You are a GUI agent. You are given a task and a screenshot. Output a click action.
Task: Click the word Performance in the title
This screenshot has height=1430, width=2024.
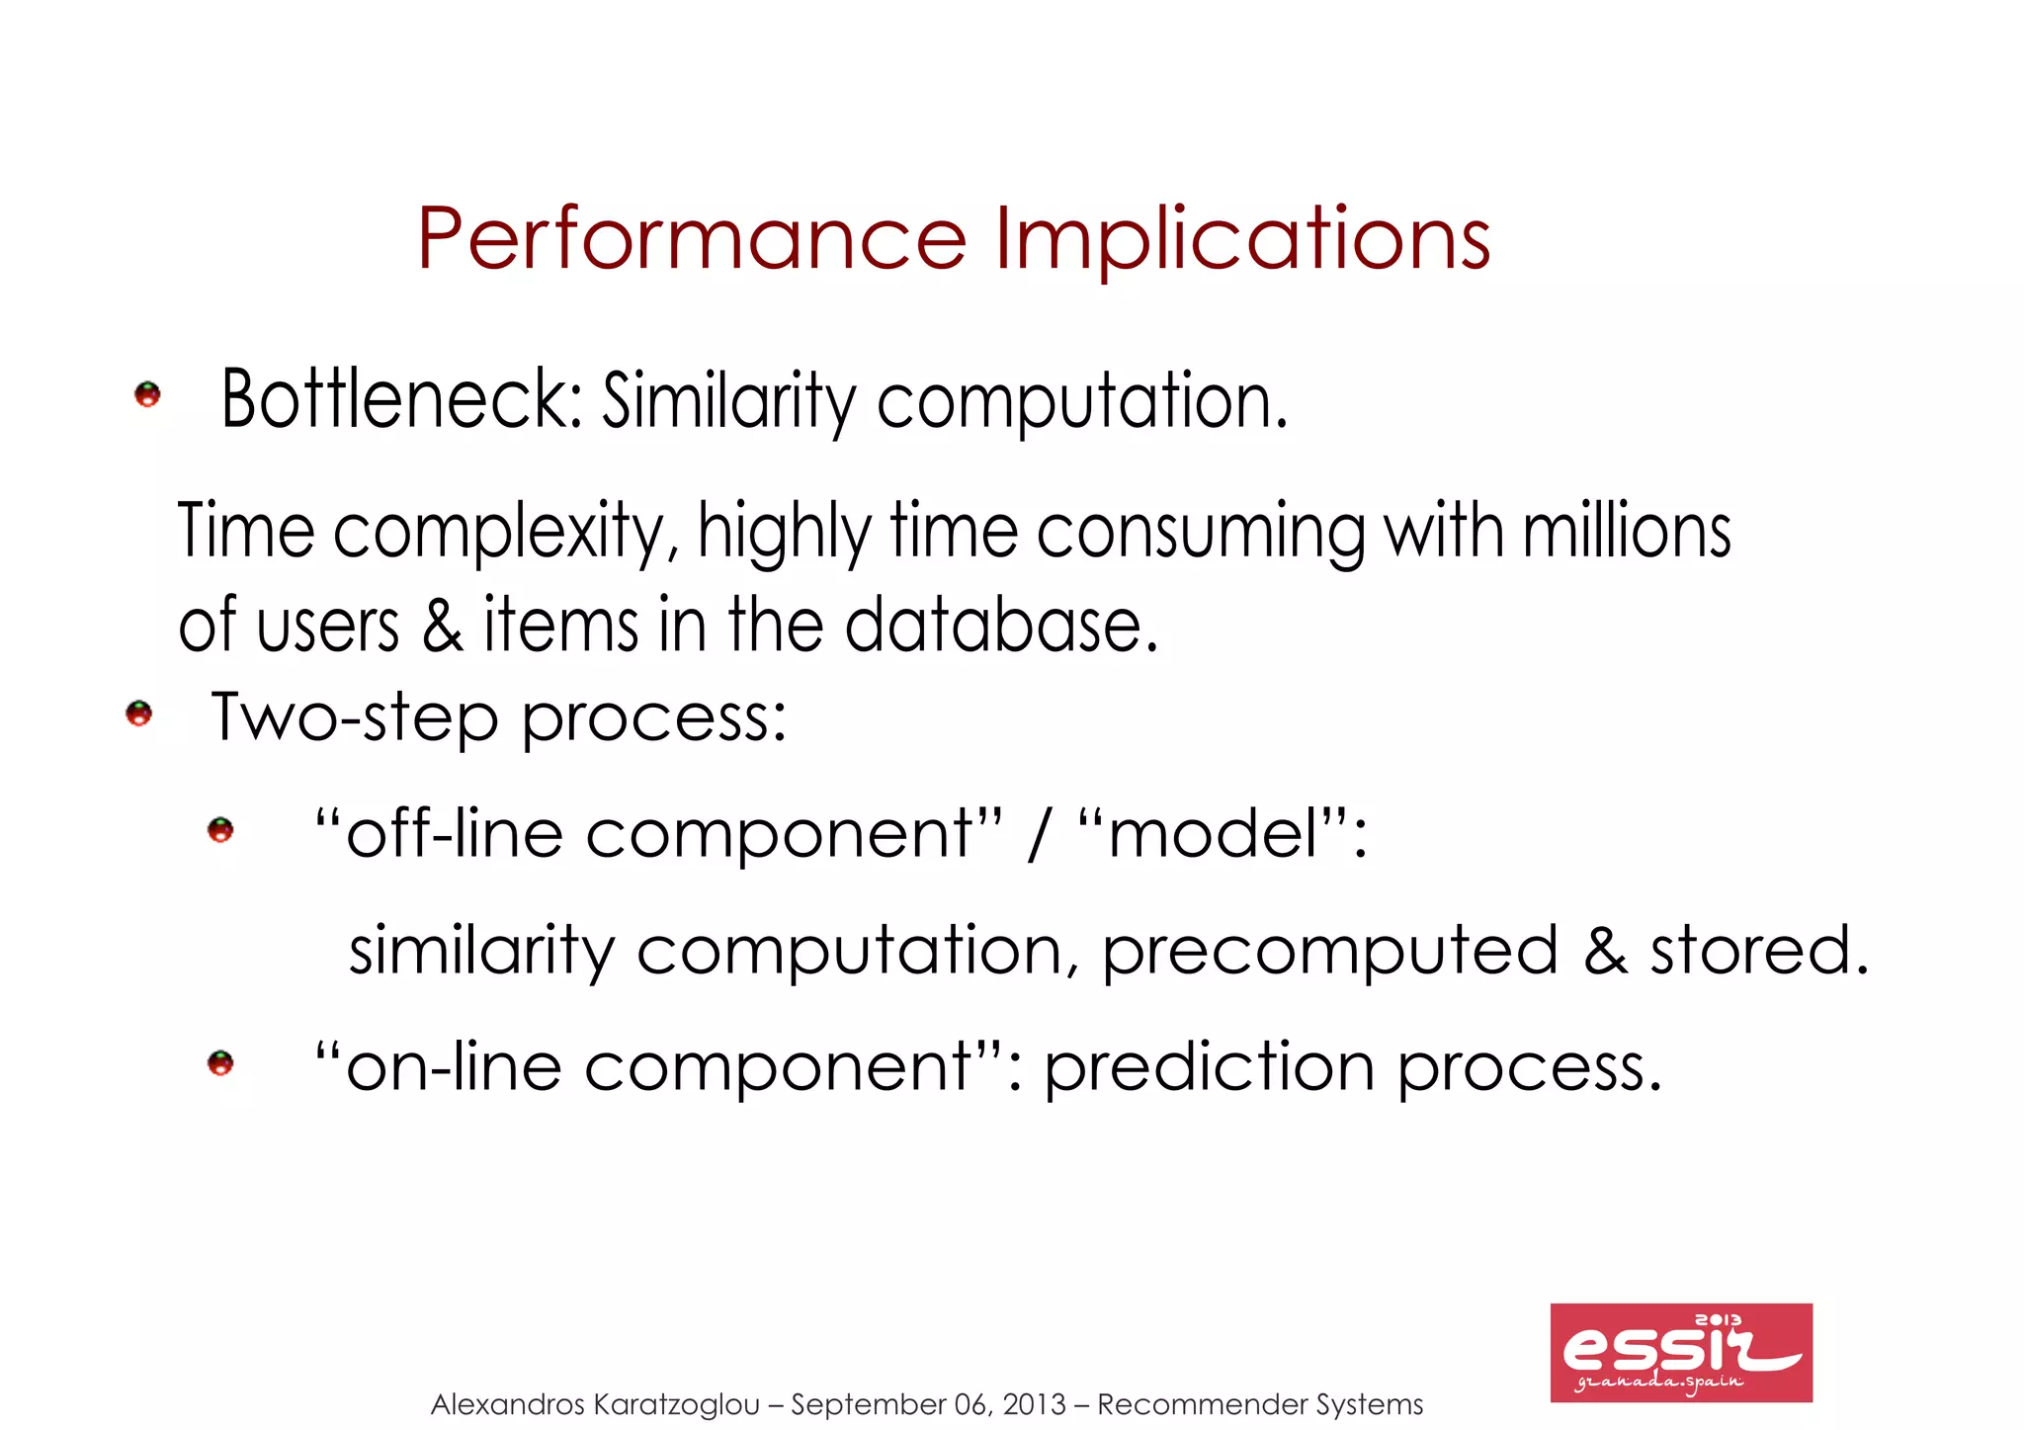691,239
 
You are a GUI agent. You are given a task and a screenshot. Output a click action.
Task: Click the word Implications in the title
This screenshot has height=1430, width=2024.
1242,239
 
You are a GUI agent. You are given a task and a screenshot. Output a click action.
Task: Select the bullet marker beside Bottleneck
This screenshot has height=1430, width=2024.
147,394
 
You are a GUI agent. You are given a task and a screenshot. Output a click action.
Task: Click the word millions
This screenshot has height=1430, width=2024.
1627,532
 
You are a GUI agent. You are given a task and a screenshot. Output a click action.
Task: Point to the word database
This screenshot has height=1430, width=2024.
1000,626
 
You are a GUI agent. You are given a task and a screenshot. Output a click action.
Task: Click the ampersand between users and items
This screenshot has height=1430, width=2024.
442,626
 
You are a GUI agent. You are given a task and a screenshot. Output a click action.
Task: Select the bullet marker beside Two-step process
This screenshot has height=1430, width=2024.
139,714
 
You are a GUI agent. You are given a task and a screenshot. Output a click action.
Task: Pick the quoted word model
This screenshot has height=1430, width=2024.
1213,833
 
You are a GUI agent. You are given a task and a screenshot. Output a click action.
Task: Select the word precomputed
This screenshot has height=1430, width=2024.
1329,951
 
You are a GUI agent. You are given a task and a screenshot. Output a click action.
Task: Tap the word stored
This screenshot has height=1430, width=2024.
1758,951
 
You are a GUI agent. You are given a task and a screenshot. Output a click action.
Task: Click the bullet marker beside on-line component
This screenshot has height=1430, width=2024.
220,1063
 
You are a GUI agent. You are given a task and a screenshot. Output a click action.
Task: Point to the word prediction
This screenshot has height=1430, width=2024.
1209,1068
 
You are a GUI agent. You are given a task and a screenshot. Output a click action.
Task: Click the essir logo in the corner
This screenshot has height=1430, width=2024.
1680,1352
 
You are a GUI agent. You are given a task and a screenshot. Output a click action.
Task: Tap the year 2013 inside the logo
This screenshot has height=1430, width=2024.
1718,1320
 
